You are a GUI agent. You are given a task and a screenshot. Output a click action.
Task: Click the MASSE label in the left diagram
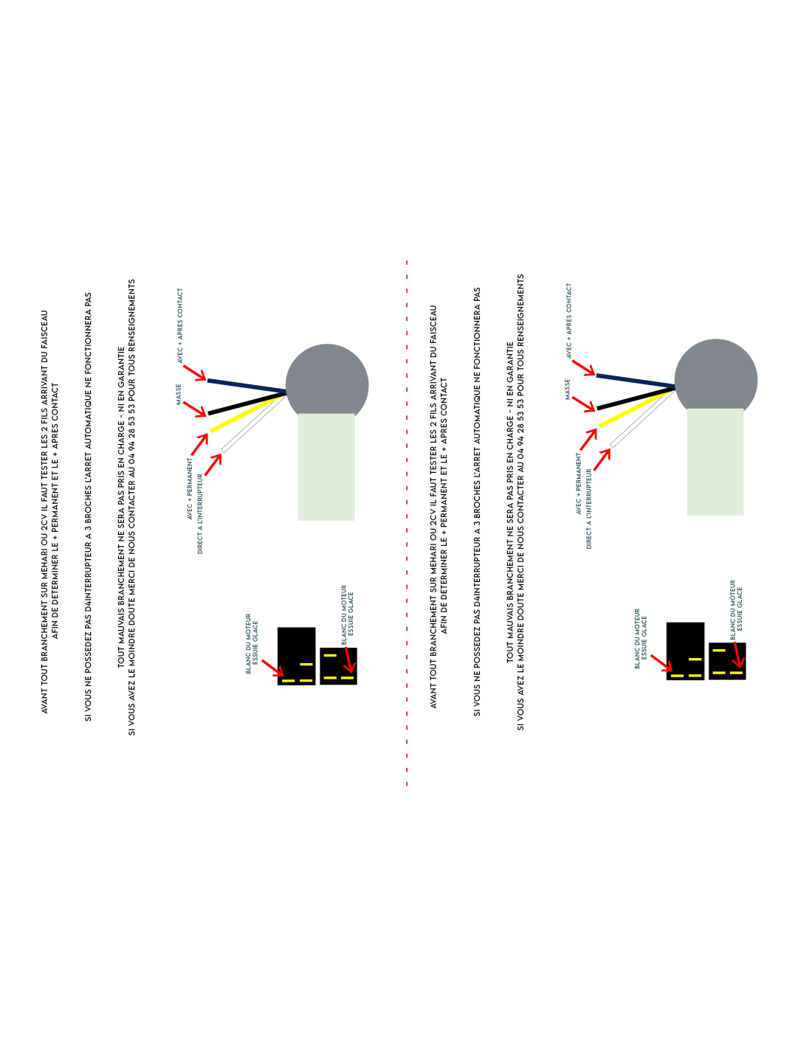click(179, 395)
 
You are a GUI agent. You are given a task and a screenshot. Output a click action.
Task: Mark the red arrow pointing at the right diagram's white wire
click(602, 460)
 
